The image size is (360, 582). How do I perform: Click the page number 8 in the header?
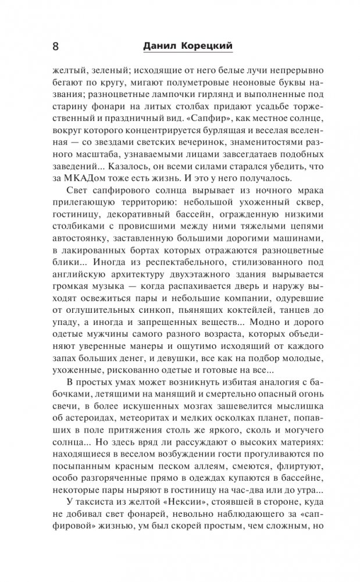point(55,45)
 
